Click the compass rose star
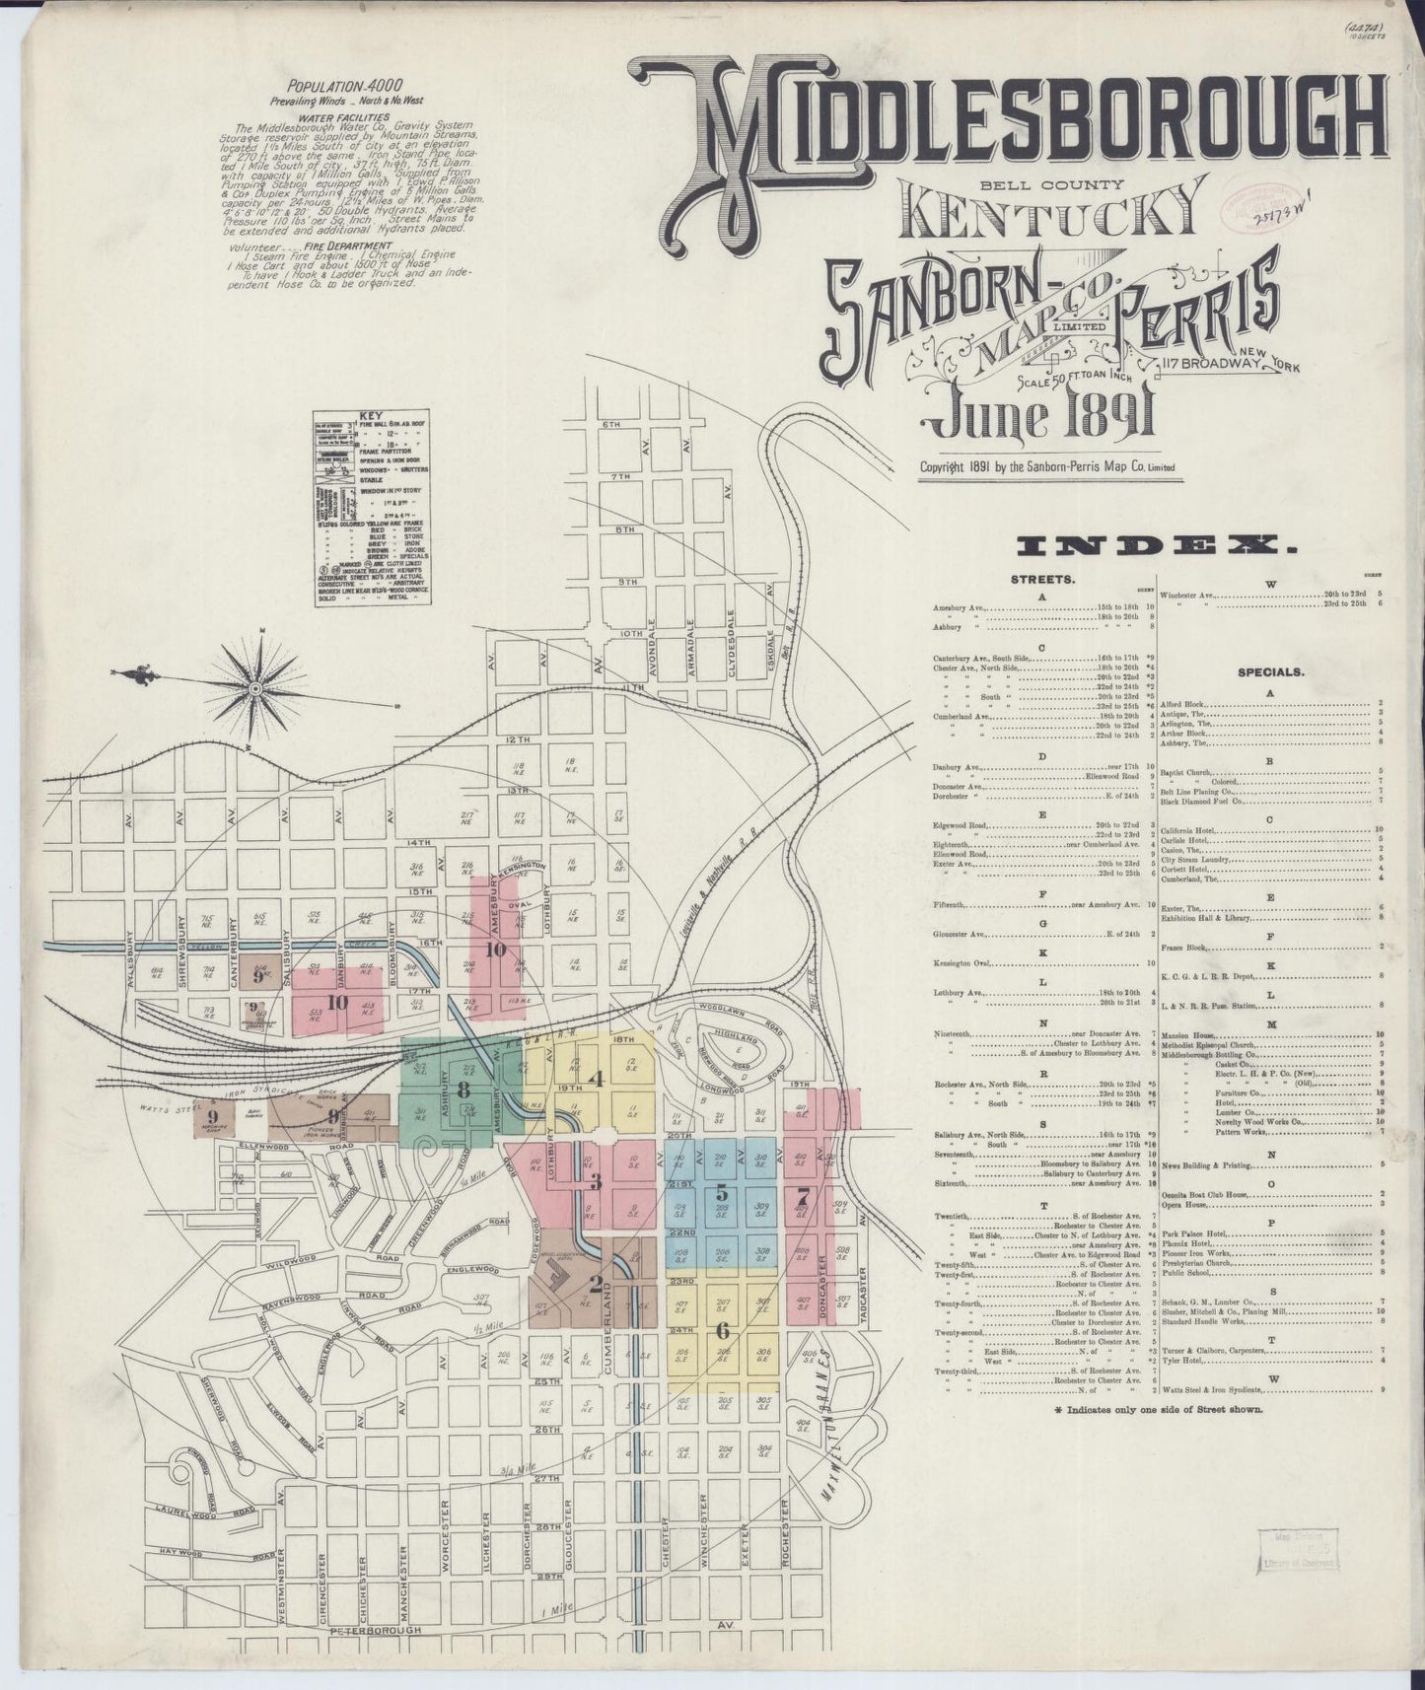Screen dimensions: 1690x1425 [255, 686]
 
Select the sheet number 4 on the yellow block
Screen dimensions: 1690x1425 [595, 1078]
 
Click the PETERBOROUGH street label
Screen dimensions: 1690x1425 [349, 1630]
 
